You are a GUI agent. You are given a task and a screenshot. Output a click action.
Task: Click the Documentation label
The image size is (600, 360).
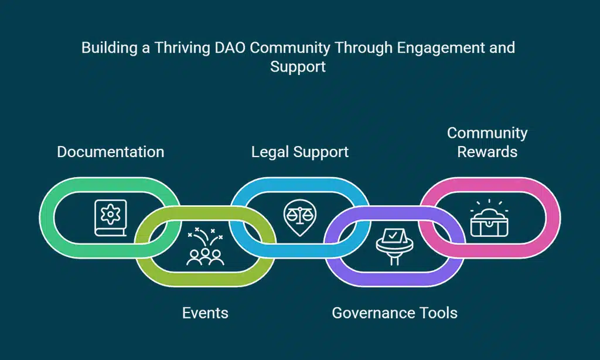(x=110, y=152)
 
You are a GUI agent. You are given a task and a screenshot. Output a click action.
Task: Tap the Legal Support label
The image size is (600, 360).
(x=300, y=152)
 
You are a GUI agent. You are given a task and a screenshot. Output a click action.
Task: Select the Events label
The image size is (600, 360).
(x=205, y=313)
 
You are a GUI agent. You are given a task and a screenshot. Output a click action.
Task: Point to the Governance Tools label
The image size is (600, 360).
(x=394, y=313)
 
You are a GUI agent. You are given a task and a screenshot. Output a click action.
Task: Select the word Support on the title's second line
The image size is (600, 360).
(x=298, y=66)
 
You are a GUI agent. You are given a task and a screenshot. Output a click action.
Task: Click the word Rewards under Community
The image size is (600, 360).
(x=487, y=151)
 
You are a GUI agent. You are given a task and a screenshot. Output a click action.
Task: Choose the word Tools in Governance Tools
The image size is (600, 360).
(x=435, y=313)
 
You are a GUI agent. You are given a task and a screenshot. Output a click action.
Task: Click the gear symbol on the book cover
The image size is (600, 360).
(x=110, y=214)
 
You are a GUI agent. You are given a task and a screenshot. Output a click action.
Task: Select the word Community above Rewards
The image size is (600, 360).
(x=487, y=133)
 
